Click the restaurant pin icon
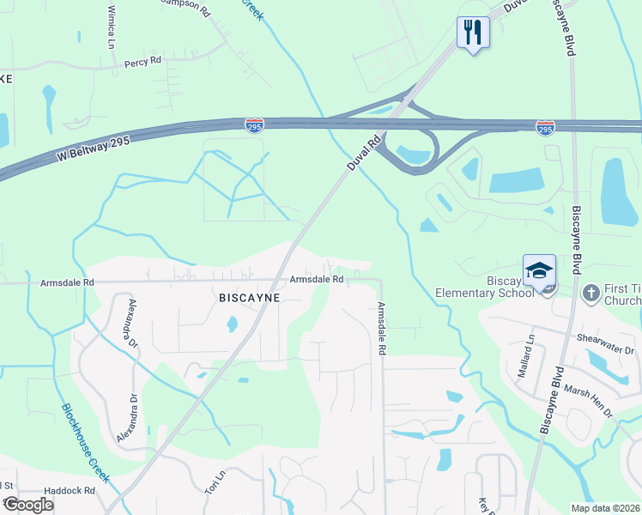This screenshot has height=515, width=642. click(x=473, y=33)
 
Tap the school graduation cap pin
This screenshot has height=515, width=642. click(x=539, y=271)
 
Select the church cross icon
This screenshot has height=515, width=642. click(x=591, y=294)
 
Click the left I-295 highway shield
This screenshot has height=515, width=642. click(x=253, y=124)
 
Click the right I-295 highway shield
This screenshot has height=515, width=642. click(x=545, y=127)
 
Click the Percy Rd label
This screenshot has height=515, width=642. click(x=142, y=62)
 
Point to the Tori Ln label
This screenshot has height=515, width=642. click(x=215, y=481)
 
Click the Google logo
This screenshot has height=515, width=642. click(x=29, y=505)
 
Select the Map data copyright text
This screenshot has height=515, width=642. click(x=606, y=508)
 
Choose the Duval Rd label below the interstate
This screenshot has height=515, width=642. click(x=363, y=153)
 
